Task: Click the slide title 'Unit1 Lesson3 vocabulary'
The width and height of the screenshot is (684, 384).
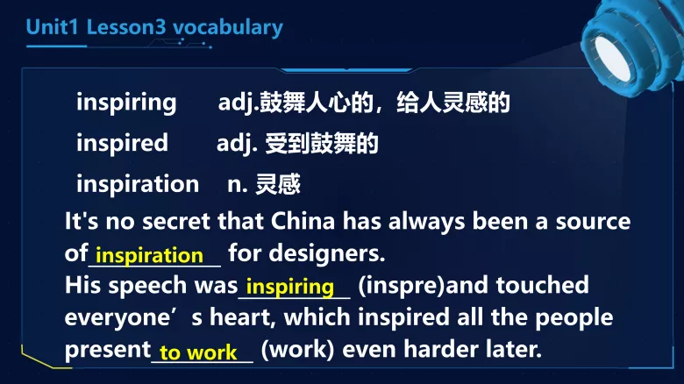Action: [154, 27]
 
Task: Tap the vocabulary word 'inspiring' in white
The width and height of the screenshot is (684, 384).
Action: [126, 102]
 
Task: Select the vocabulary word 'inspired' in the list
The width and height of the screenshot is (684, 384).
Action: [122, 142]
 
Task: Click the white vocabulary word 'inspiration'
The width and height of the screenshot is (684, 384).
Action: [138, 183]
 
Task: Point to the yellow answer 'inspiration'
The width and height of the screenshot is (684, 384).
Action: [149, 255]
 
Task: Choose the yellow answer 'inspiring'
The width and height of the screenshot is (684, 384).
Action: [290, 286]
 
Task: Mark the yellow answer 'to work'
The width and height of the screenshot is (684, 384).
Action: [198, 352]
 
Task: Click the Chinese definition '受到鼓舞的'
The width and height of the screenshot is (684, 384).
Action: [322, 143]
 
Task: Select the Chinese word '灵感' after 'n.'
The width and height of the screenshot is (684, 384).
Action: [278, 184]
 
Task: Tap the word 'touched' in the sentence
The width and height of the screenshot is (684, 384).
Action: [547, 286]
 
